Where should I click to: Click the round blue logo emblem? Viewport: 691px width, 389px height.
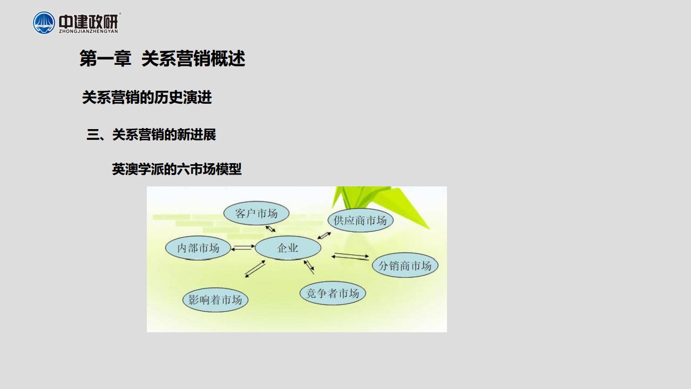tap(44, 23)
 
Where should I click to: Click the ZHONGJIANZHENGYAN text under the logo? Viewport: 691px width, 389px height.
tap(89, 31)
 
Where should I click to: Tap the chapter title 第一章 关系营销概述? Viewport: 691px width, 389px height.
tap(162, 58)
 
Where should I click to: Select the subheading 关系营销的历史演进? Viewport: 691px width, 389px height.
tap(147, 97)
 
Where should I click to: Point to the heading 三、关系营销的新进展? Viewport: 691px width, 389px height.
tap(151, 135)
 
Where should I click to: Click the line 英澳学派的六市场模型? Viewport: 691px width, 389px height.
tap(177, 169)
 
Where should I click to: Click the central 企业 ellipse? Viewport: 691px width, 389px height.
tap(288, 247)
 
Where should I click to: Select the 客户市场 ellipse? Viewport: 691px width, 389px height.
tap(256, 213)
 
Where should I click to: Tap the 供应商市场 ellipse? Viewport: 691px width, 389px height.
tap(360, 220)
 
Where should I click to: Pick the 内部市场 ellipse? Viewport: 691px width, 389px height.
tap(198, 248)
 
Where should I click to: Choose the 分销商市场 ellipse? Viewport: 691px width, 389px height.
tap(405, 265)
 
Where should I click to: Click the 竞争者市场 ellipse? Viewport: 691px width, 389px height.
tap(333, 293)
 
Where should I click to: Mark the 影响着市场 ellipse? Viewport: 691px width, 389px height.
tap(215, 300)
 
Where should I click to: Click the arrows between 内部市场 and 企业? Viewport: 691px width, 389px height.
tap(243, 247)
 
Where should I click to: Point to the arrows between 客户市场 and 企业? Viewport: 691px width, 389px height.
tap(270, 229)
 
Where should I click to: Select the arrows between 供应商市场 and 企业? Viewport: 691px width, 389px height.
tap(324, 236)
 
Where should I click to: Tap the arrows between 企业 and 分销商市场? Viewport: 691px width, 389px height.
tap(350, 256)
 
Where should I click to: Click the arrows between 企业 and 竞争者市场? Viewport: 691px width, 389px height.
tap(309, 267)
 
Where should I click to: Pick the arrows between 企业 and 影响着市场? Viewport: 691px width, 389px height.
tap(255, 269)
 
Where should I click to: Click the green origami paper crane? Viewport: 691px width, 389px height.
tap(380, 204)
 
